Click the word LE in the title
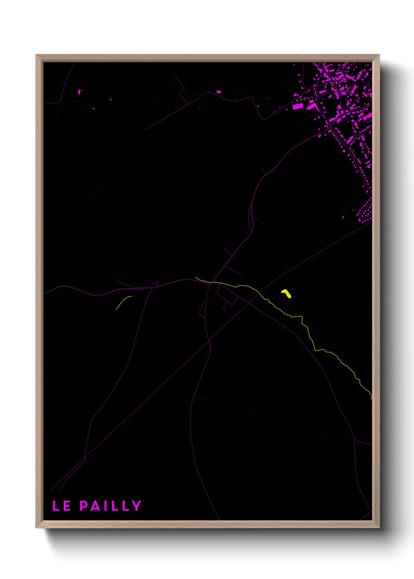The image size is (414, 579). [61, 506]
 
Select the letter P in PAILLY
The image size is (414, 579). [84, 506]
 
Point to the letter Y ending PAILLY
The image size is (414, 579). [137, 506]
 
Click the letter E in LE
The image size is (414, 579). [67, 506]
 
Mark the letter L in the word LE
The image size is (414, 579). [56, 506]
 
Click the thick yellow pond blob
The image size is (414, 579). [286, 293]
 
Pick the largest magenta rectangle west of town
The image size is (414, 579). [298, 106]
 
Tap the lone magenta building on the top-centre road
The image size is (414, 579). [219, 92]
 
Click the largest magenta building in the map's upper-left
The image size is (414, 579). [80, 92]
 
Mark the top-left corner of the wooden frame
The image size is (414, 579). [36, 55]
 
